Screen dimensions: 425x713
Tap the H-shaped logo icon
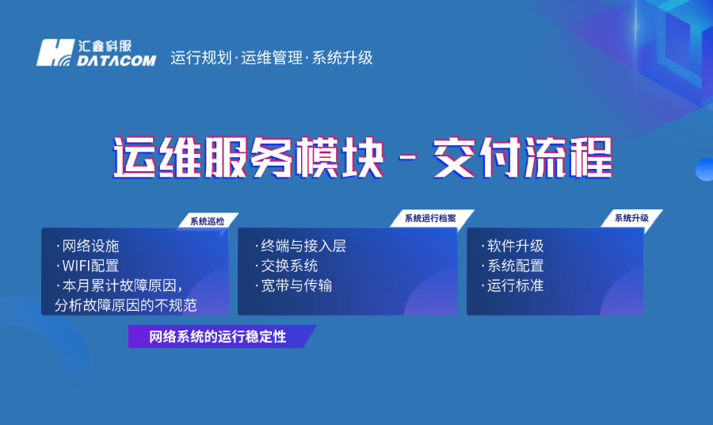[56, 52]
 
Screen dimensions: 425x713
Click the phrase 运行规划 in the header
[200, 58]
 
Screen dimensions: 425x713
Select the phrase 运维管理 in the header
[271, 58]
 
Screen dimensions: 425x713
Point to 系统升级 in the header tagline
[342, 58]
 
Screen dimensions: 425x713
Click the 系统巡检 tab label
[207, 221]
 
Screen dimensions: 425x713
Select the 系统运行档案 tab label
[430, 218]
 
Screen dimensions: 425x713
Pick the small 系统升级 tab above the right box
[631, 218]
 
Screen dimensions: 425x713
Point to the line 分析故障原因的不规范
[125, 305]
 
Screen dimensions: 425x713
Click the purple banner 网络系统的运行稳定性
[217, 337]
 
